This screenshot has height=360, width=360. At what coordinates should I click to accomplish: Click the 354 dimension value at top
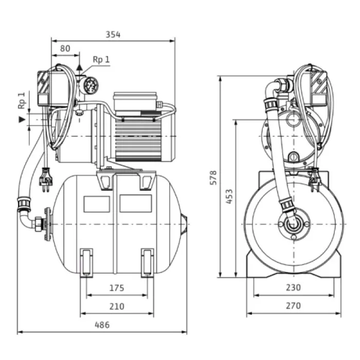113,34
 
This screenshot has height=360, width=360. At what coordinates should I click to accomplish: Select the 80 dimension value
65,48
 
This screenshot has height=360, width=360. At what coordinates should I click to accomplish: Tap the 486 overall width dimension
102,325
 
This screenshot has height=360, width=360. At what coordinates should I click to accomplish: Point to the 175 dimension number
117,288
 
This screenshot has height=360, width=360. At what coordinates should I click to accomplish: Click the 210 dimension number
117,307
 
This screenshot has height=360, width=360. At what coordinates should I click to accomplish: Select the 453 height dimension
229,196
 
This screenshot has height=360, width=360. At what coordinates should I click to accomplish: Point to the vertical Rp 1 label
22,100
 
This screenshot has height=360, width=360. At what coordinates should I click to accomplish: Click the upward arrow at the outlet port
79,67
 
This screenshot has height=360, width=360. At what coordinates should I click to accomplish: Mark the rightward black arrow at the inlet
22,119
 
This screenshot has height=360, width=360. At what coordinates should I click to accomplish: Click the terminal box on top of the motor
135,102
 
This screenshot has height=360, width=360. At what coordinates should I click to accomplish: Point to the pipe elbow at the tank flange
32,221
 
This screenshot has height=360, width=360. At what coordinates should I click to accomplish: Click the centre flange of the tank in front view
292,225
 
